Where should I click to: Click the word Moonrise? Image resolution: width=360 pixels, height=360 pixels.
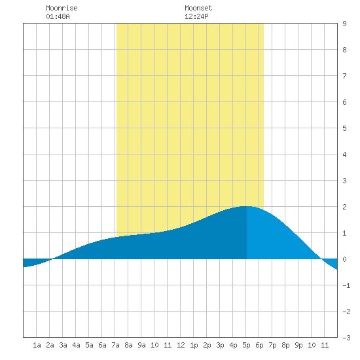tap(62, 8)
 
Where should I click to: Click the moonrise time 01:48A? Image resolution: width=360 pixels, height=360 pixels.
tap(58, 16)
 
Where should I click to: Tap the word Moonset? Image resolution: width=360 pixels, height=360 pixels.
tap(198, 8)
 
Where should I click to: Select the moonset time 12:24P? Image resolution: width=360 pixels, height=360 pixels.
tap(196, 16)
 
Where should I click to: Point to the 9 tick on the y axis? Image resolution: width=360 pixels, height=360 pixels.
tap(344, 24)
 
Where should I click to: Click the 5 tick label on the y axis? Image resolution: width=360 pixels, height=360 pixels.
tap(344, 128)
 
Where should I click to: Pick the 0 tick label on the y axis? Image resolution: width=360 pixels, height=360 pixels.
tap(344, 259)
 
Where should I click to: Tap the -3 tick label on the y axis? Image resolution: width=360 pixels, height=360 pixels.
tap(346, 338)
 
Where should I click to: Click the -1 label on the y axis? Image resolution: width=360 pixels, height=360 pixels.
tap(346, 285)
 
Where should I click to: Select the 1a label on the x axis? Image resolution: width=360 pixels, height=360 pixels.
tap(37, 345)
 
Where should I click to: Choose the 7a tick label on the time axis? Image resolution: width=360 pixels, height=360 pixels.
tap(115, 345)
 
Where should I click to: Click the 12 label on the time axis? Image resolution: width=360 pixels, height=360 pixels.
tap(181, 345)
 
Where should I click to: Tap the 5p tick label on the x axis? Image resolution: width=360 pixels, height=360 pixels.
tap(246, 345)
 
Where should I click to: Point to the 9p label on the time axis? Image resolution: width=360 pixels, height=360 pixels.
tap(298, 345)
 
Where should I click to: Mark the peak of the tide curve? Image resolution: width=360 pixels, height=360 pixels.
tap(245, 206)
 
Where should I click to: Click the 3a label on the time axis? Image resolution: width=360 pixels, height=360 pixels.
tap(63, 345)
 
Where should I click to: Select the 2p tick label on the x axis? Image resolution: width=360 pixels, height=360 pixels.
tap(207, 345)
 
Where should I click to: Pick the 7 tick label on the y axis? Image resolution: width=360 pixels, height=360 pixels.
tap(344, 76)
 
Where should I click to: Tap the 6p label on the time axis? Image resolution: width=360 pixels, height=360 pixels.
tap(259, 345)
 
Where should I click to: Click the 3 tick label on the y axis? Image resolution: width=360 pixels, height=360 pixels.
tap(344, 181)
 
